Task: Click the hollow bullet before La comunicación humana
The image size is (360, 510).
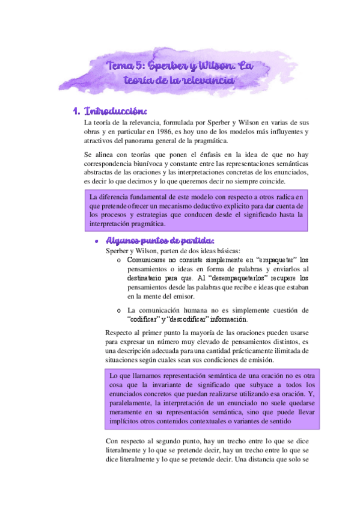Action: [119, 310]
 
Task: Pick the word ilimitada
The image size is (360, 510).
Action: [283, 351]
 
